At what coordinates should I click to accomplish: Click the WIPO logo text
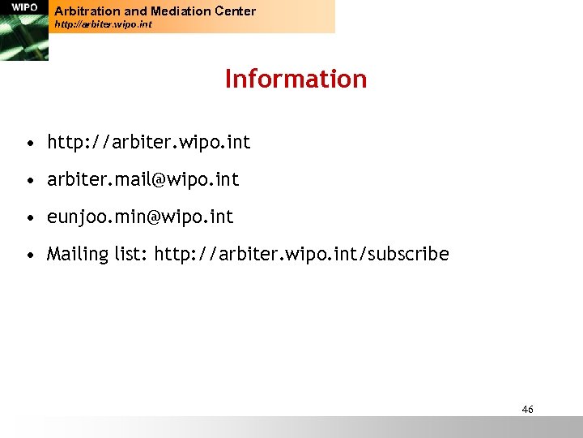pyautogui.click(x=24, y=7)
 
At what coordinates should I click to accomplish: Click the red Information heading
pyautogui.click(x=296, y=79)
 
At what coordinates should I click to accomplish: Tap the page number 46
pyautogui.click(x=527, y=410)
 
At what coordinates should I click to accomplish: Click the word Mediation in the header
pyautogui.click(x=177, y=11)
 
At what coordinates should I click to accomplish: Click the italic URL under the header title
pyautogui.click(x=103, y=25)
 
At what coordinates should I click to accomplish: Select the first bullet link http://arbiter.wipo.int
pyautogui.click(x=149, y=143)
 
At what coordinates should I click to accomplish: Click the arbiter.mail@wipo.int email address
pyautogui.click(x=143, y=180)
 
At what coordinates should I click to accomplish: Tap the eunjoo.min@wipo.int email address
pyautogui.click(x=140, y=217)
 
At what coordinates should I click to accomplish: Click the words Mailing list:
pyautogui.click(x=97, y=255)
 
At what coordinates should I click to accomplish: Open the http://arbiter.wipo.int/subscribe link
pyautogui.click(x=301, y=255)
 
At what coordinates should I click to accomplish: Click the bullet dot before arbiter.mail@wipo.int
pyautogui.click(x=29, y=181)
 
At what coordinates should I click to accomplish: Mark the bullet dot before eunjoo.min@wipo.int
pyautogui.click(x=29, y=218)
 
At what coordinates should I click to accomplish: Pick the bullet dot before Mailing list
pyautogui.click(x=29, y=255)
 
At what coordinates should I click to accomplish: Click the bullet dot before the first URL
pyautogui.click(x=29, y=144)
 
